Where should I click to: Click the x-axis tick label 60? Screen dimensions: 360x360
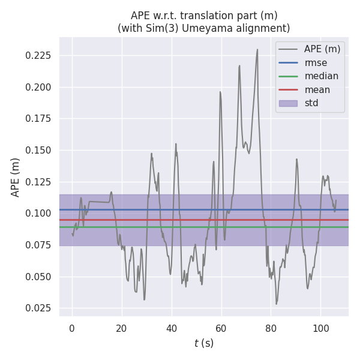(x=221, y=328)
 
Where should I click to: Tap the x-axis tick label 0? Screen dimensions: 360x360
(x=72, y=328)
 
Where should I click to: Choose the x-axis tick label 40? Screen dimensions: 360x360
(x=171, y=328)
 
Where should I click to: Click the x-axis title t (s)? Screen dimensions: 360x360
(x=204, y=343)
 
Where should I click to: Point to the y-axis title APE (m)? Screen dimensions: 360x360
(x=16, y=177)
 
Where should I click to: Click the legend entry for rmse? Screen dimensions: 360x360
(x=316, y=62)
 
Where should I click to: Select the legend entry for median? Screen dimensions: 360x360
(x=321, y=76)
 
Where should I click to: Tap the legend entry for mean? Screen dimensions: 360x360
(x=317, y=90)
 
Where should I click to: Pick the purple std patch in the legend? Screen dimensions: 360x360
(x=289, y=103)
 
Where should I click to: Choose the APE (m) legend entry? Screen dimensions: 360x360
(x=322, y=49)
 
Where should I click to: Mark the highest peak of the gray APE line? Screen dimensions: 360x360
(x=257, y=50)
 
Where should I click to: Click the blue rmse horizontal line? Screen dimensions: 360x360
(x=150, y=209)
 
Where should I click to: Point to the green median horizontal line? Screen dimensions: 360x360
(x=150, y=227)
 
